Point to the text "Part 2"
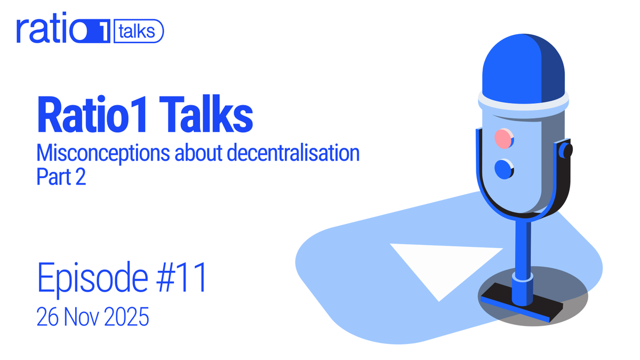tap(61, 177)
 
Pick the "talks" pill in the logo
tap(138, 31)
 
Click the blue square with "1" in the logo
tap(99, 32)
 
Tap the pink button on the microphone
tap(503, 139)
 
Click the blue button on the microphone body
tap(503, 169)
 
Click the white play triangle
tap(437, 264)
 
